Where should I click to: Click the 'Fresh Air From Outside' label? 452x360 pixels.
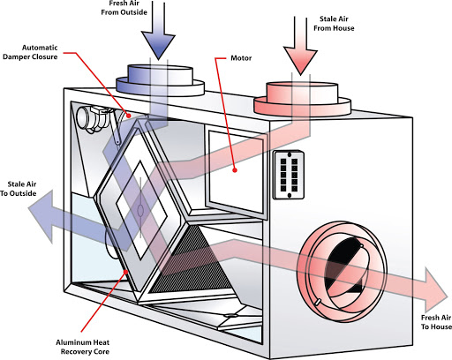coord(124,8)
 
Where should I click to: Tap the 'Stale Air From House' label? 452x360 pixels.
coord(334,24)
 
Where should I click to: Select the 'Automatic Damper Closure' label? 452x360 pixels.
coord(30,52)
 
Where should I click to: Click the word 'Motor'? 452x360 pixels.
coord(241,58)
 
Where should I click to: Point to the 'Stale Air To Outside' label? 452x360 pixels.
coord(19,189)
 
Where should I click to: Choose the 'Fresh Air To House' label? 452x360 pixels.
coord(436,322)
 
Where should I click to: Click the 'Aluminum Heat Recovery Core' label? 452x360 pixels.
coord(83,347)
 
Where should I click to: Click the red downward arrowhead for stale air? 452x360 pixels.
coord(300,61)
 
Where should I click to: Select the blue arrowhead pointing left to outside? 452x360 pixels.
coord(41,216)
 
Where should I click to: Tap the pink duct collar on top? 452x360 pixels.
coord(302,98)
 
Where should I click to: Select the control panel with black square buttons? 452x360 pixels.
coord(289,175)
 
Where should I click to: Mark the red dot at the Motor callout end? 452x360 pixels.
coord(235,170)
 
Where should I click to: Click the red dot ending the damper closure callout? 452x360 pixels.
coord(128,116)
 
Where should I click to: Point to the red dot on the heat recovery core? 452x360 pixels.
coord(126,272)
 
